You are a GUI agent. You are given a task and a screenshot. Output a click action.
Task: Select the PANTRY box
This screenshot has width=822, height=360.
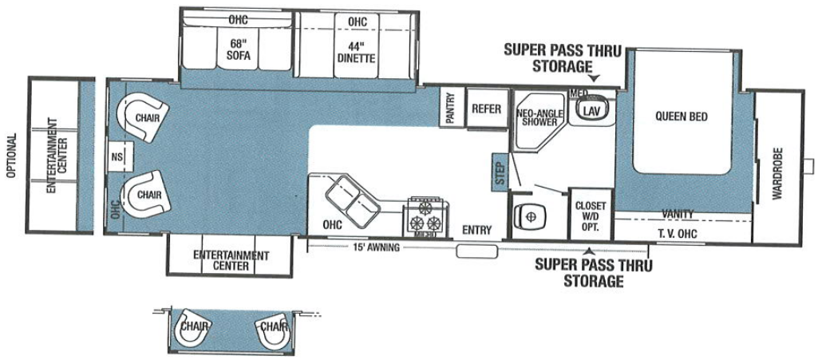pos(449,108)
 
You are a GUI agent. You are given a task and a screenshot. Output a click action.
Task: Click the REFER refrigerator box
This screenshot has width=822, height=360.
pos(484,109)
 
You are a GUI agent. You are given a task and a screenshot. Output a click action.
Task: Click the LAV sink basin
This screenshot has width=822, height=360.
pos(591,110)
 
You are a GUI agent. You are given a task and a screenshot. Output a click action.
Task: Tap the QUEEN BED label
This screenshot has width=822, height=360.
pos(681,116)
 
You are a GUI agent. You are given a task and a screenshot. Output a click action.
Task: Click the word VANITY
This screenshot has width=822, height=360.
pos(678,214)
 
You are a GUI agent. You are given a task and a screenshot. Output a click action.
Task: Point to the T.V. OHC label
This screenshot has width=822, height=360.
pos(677,232)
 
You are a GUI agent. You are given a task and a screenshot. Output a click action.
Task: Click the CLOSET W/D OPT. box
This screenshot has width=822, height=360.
pos(591,214)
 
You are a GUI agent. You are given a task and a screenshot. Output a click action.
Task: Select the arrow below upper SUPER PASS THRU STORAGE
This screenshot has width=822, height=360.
pos(594,78)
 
